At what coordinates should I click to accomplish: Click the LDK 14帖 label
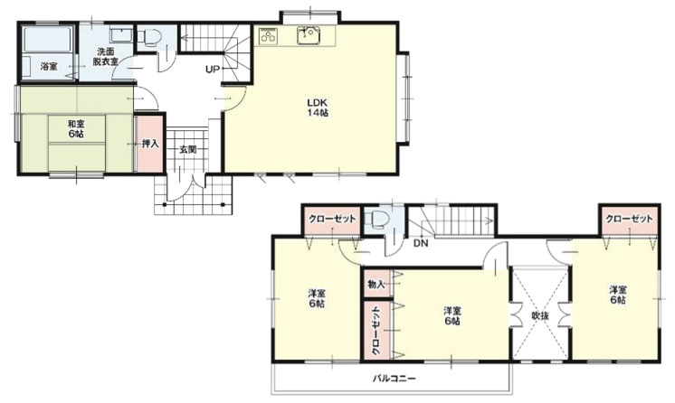[318, 108]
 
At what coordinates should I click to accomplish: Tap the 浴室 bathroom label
[49, 67]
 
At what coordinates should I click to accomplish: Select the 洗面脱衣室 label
[106, 56]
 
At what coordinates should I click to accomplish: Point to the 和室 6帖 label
[76, 129]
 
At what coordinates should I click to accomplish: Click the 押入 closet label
[150, 144]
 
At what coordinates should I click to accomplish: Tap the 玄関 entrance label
[187, 150]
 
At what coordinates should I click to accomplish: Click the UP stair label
[213, 69]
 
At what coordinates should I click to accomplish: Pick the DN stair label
[421, 243]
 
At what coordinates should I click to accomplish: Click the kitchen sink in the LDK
[309, 35]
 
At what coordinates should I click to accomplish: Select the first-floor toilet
[150, 37]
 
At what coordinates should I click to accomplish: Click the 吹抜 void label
[540, 315]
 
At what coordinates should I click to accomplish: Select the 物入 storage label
[376, 284]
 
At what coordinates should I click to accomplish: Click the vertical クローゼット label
[376, 330]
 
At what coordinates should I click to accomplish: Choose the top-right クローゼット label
[630, 219]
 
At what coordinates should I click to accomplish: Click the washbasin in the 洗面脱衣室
[121, 35]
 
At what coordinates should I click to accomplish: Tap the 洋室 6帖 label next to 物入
[452, 315]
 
